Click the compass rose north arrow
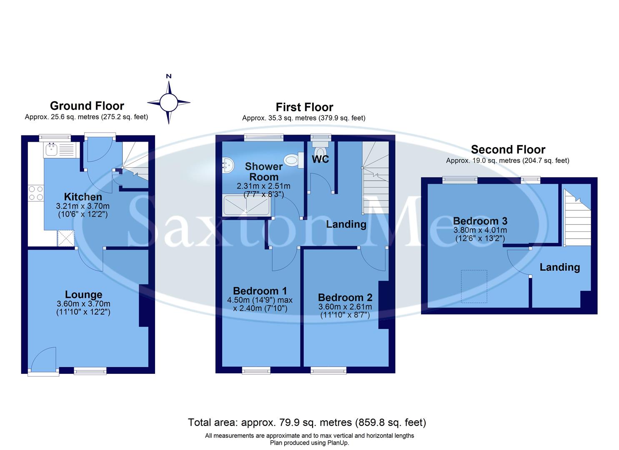169,85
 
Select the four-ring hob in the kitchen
35,193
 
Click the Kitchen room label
83,197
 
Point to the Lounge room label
83,295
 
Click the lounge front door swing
43,359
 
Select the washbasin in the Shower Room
228,165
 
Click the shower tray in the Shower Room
246,205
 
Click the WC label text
320,159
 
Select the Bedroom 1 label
260,291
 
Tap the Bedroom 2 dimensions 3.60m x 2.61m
345,307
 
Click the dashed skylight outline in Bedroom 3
474,286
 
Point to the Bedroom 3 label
480,221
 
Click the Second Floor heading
508,150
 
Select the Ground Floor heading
87,106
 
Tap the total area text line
307,422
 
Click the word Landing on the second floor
559,267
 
